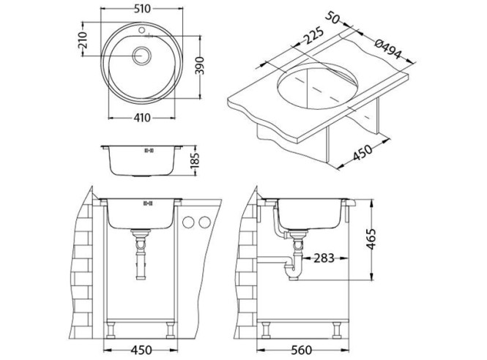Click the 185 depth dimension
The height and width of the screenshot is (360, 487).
pyautogui.click(x=195, y=160)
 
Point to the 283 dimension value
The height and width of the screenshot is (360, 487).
pyautogui.click(x=326, y=258)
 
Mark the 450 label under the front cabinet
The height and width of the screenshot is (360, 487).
pyautogui.click(x=140, y=349)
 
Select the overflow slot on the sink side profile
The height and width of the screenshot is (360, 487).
pyautogui.click(x=149, y=151)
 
